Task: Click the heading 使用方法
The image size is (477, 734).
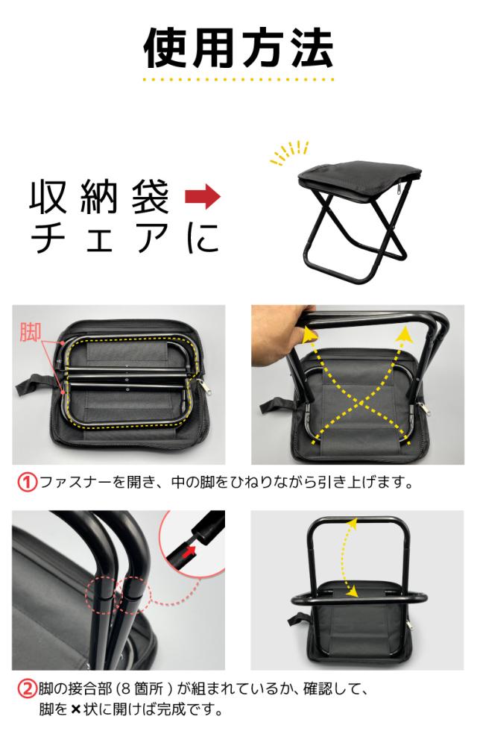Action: (238, 48)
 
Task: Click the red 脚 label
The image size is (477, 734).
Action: (31, 332)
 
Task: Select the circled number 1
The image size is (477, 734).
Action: (27, 482)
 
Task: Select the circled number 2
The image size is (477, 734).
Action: (27, 689)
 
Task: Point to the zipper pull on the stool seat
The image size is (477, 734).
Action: (399, 187)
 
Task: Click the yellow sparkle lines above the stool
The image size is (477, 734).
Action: (289, 151)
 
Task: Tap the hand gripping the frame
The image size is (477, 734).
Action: (280, 333)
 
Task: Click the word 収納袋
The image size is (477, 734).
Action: (98, 197)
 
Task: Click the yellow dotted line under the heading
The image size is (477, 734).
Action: (238, 80)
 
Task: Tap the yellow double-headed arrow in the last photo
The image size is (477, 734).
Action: (350, 557)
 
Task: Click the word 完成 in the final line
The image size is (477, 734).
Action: (171, 710)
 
